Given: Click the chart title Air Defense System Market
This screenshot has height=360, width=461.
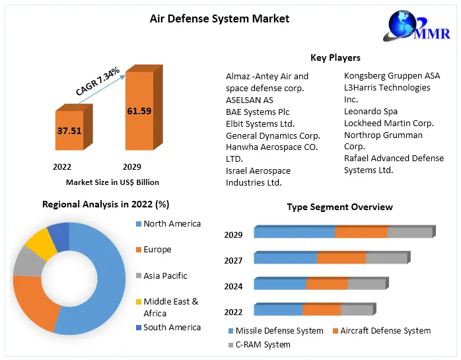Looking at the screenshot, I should coord(219,18).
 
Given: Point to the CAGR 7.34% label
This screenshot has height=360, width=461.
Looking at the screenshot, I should coord(98,81).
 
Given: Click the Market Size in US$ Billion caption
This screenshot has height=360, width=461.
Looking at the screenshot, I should coord(112,182).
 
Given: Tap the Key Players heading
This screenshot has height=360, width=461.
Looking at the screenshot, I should coord(336,58).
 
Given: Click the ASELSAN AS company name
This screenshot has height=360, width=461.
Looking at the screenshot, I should coord(249,100).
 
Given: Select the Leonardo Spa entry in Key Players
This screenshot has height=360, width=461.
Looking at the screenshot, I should coord(371,111).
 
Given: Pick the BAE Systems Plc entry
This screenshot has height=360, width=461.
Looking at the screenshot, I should coord(258,112).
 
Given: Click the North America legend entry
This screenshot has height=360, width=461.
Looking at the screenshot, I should coord(172,224).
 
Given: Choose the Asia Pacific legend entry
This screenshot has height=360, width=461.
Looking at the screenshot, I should coord(165,275).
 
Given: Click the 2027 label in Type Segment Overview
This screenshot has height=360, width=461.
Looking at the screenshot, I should coord(233,260).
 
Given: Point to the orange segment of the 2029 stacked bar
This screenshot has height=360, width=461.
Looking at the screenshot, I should coord(361,233).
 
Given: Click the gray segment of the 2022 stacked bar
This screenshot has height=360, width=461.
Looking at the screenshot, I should coord(356,310).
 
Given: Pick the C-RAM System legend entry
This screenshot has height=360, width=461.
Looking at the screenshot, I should coord(263,345).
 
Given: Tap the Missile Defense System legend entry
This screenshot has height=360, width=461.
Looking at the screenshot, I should coord(279,331).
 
